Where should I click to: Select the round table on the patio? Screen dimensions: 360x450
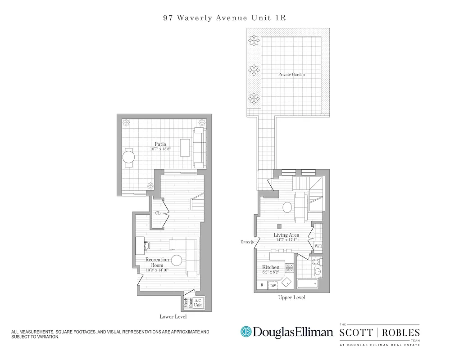coord(129,157)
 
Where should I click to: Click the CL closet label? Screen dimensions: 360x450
coord(158,213)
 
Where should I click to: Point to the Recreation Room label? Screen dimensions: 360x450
coord(157,262)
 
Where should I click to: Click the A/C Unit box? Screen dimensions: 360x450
coord(198,303)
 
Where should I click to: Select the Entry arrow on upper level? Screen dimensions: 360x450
coord(252,242)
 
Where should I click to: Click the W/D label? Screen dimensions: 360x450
coord(318,246)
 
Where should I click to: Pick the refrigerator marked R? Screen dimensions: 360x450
coord(262,285)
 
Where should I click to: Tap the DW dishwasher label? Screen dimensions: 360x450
coord(273,286)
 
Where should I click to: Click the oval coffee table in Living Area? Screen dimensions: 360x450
coord(287,207)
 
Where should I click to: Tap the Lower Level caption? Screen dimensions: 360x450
coord(173,317)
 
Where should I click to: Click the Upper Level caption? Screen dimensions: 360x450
coord(292,298)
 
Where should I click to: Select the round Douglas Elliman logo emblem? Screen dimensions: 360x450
coord(246,332)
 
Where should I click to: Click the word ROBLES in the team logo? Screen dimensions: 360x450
coord(403,333)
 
